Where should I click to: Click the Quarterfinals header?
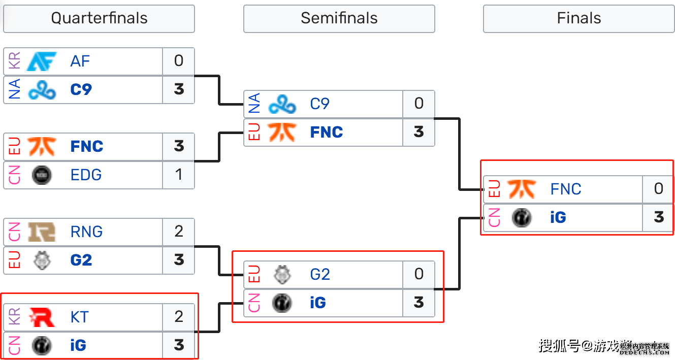tap(99, 19)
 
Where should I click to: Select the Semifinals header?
tap(339, 19)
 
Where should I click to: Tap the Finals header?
tap(578, 19)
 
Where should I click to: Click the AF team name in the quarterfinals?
tap(80, 61)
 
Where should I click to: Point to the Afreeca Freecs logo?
tap(42, 61)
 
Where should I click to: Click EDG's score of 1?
tap(178, 175)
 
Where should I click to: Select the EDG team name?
tap(86, 175)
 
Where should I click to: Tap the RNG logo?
tap(42, 232)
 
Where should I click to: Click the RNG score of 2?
tap(178, 232)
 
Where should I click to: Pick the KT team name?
tap(80, 317)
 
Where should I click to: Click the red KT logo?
tap(42, 317)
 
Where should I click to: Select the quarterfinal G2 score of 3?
tap(178, 260)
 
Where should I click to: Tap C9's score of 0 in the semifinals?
tap(419, 104)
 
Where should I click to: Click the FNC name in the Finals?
tap(566, 189)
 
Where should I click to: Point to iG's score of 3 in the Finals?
tap(659, 218)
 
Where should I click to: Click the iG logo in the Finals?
tap(522, 218)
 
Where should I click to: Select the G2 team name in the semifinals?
tap(320, 275)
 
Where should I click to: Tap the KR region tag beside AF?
tap(15, 61)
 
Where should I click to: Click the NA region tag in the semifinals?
tap(254, 104)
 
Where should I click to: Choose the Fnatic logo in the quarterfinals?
tap(42, 147)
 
